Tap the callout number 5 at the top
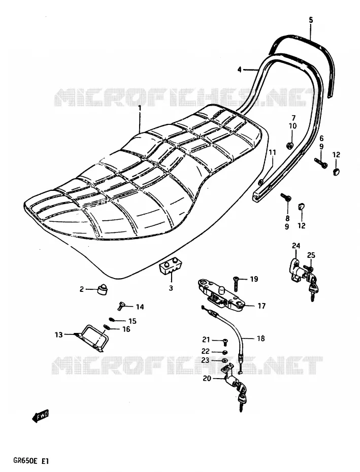(x=311, y=20)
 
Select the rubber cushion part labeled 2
(x=103, y=290)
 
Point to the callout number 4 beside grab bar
(x=239, y=70)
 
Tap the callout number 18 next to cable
(x=261, y=339)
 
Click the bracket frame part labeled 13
(x=91, y=338)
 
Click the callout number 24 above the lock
(x=296, y=246)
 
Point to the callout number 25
(x=311, y=255)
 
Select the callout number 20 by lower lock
(x=207, y=379)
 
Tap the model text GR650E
(x=25, y=460)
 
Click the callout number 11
(x=272, y=152)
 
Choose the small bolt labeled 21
(x=225, y=341)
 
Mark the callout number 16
(x=126, y=329)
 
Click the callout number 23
(x=206, y=360)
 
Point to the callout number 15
(x=132, y=321)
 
